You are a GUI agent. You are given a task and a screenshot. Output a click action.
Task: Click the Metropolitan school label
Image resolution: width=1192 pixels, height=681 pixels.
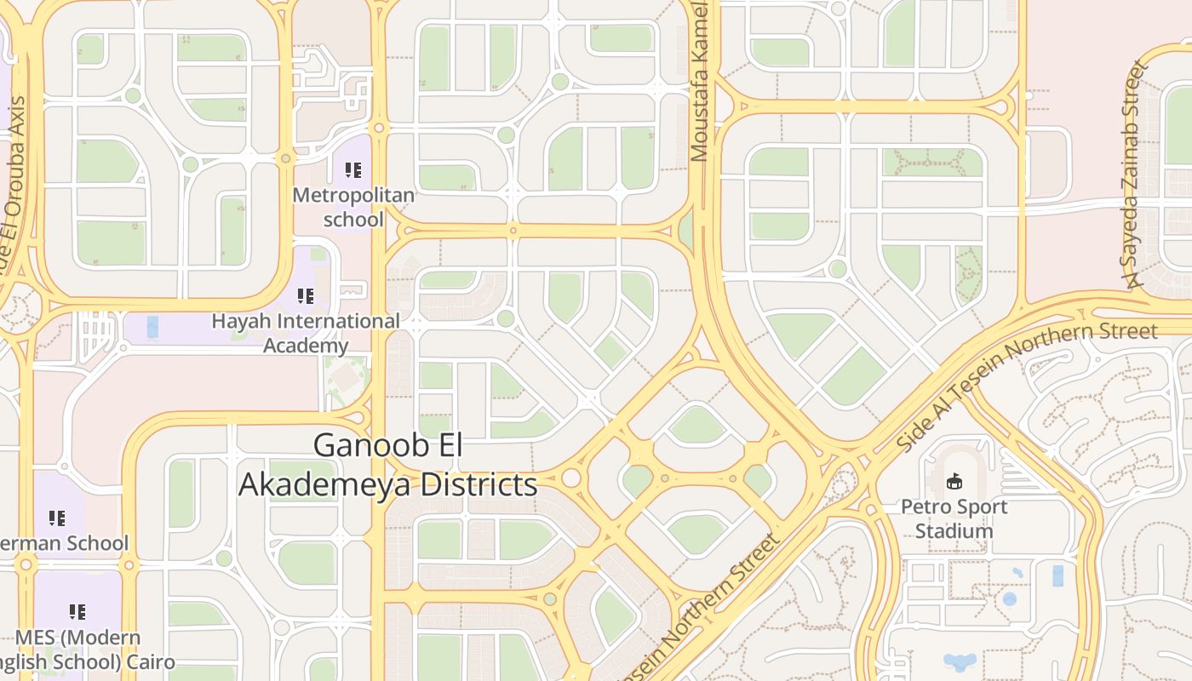[353, 207]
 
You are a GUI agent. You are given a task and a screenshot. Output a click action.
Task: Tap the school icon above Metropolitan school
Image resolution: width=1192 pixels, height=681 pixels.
[353, 170]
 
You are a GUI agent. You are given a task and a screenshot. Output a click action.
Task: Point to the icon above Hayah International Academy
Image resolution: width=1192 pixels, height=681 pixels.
[306, 296]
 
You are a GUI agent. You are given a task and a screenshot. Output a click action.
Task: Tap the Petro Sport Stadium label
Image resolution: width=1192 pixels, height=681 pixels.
[954, 518]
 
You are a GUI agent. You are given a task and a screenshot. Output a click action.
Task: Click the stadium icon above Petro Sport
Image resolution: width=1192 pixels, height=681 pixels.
[954, 482]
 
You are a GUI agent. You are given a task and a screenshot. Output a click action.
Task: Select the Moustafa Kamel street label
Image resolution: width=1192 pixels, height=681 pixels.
[700, 81]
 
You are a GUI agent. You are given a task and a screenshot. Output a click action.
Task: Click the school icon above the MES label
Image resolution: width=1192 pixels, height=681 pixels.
[77, 611]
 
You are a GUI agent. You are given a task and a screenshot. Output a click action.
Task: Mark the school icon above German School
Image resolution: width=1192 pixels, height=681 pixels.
[57, 518]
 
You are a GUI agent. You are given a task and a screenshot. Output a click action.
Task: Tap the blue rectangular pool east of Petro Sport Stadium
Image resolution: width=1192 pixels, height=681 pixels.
[1057, 575]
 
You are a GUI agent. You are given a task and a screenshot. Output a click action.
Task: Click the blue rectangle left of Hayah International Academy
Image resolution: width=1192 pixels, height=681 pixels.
[152, 327]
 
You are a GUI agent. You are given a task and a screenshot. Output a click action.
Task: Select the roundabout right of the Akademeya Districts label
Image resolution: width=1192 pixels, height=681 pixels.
[570, 478]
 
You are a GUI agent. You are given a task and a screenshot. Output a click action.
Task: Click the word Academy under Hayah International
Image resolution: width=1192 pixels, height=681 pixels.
[306, 345]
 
